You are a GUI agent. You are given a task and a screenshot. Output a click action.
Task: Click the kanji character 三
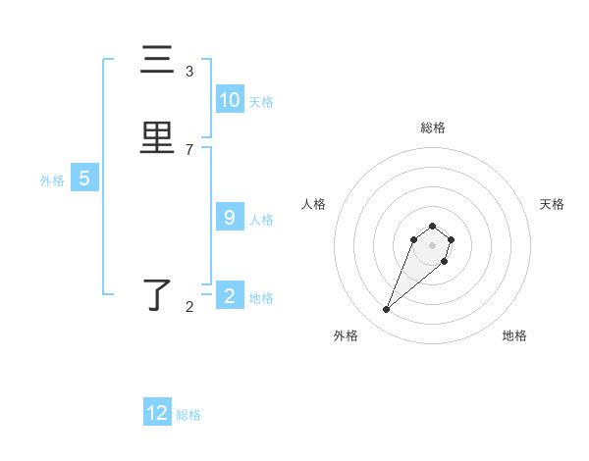pos(158,61)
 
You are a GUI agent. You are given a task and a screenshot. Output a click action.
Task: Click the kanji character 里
pos(158,137)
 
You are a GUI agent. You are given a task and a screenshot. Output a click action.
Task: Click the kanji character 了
pos(158,295)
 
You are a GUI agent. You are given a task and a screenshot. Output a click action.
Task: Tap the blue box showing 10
pos(230,100)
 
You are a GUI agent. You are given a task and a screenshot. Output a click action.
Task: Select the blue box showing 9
pos(230,218)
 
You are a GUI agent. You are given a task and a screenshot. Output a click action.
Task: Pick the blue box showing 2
pos(230,296)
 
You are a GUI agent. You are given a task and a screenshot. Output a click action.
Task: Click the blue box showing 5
pos(84,179)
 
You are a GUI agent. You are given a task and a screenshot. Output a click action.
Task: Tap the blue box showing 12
pos(157,413)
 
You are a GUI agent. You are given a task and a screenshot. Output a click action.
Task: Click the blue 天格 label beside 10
pos(261,102)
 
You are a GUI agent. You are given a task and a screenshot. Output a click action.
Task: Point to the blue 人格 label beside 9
pos(261,220)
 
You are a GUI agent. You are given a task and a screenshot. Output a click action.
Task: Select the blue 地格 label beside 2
pos(261,298)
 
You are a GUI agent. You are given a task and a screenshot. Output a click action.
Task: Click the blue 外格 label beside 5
pos(52,180)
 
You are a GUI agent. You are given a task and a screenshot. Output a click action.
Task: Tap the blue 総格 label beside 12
pos(188,415)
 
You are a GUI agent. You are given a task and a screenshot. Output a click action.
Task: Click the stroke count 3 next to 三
pos(189,72)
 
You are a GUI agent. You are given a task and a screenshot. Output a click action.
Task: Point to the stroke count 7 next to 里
pos(189,150)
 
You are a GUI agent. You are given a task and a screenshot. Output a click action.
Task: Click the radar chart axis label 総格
pos(433,128)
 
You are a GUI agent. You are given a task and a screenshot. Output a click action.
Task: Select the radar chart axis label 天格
pos(552,204)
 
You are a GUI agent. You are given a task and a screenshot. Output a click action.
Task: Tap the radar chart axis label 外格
pos(346,335)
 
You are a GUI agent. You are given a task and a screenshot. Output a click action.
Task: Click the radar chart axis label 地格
pos(514,335)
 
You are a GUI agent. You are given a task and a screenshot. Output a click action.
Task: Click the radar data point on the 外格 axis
pos(387,310)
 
